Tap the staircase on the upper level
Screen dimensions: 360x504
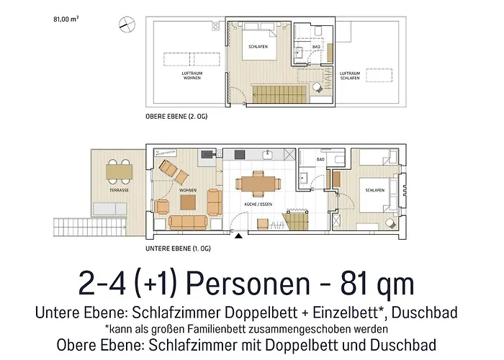[x=274, y=92]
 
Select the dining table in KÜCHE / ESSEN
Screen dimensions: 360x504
[x=256, y=184]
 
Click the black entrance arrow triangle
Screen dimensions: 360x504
[x=238, y=235]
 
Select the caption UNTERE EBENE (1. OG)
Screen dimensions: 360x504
[x=178, y=248]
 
